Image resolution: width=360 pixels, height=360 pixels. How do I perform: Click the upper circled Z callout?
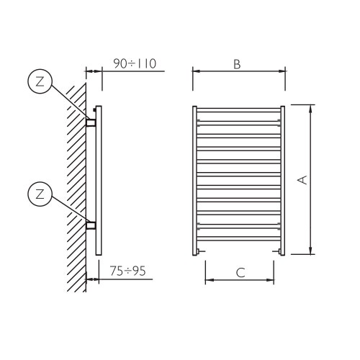tap(40, 81)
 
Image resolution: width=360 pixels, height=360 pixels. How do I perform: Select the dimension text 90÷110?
tap(135, 64)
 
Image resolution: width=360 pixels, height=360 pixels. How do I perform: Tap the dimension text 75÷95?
tap(127, 271)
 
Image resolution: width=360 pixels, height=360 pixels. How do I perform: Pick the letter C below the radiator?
tap(240, 271)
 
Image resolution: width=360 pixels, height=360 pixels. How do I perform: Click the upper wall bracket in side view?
tap(91, 122)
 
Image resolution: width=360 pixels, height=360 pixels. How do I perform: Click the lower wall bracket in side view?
tap(91, 225)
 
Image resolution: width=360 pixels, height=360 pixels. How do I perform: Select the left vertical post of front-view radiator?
tap(196, 180)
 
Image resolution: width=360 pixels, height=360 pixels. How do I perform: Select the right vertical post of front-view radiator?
tap(282, 180)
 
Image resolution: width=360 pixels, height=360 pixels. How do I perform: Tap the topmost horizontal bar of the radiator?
tap(239, 112)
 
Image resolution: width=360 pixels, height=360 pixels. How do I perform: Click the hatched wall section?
tap(74, 180)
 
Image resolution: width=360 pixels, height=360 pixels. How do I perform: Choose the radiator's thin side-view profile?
tap(99, 180)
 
